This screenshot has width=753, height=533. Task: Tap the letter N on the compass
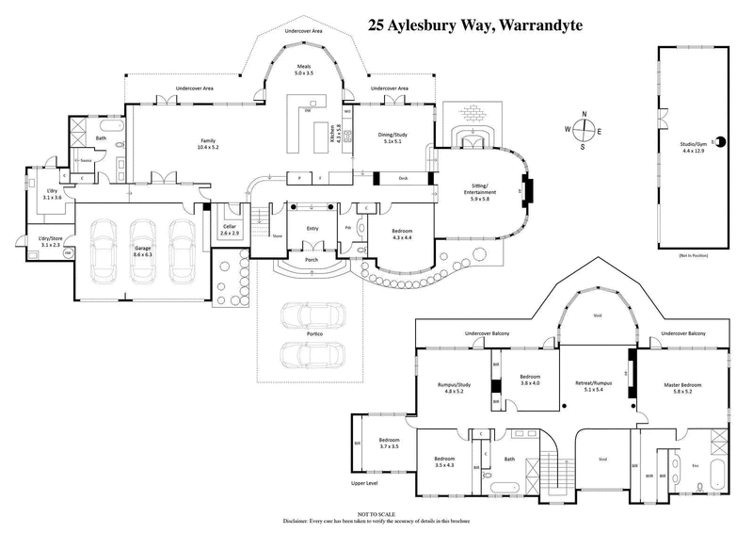pyautogui.click(x=585, y=114)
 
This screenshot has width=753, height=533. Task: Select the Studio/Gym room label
pyautogui.click(x=696, y=147)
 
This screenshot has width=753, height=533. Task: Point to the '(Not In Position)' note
pyautogui.click(x=696, y=256)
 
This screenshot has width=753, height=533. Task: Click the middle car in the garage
pyautogui.click(x=143, y=247)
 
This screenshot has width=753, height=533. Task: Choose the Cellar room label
pyautogui.click(x=231, y=229)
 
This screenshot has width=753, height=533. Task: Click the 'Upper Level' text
pyautogui.click(x=365, y=483)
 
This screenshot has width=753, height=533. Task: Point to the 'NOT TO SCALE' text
pyautogui.click(x=376, y=513)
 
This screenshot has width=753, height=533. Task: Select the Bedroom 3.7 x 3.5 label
pyautogui.click(x=389, y=444)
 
